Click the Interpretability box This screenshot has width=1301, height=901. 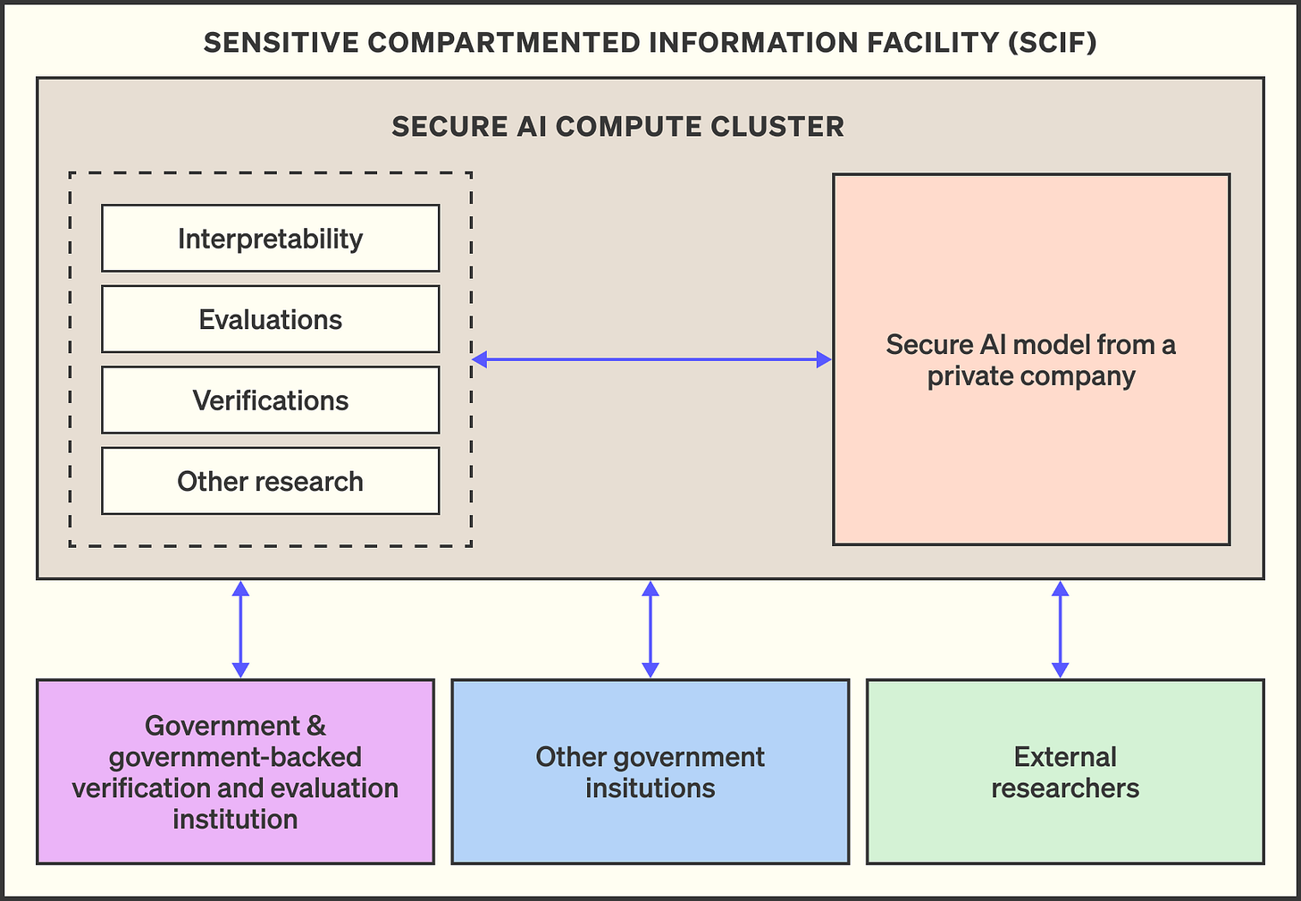[271, 238]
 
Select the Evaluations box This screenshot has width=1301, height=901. [271, 319]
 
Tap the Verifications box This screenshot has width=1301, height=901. [271, 400]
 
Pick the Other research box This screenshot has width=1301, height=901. [271, 481]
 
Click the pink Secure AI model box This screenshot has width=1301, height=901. [1031, 359]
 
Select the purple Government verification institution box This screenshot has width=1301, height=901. [235, 771]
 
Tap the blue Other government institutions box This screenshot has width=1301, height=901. [650, 771]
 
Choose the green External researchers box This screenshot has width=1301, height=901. [1065, 771]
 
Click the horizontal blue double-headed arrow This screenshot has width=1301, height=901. [651, 359]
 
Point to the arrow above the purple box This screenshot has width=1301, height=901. [240, 629]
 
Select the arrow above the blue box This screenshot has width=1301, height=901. [650, 629]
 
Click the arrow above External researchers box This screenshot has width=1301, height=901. [1061, 629]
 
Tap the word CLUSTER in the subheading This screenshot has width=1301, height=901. [777, 127]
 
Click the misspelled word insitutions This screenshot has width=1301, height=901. [650, 788]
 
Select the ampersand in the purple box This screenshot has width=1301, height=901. [316, 726]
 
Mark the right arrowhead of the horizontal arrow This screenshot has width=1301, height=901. [824, 359]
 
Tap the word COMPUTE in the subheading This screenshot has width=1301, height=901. [628, 127]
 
